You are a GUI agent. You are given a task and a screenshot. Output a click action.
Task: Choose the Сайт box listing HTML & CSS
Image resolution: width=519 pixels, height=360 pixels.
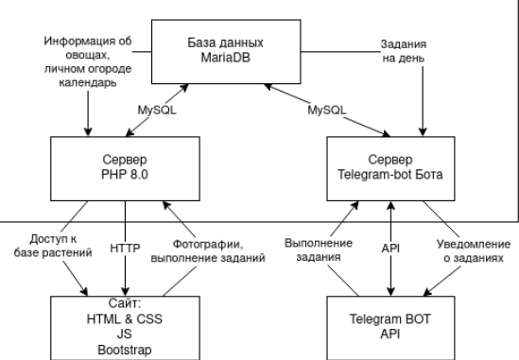pyautogui.click(x=125, y=326)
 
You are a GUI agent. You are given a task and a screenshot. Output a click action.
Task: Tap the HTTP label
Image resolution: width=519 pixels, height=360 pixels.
pyautogui.click(x=126, y=249)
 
